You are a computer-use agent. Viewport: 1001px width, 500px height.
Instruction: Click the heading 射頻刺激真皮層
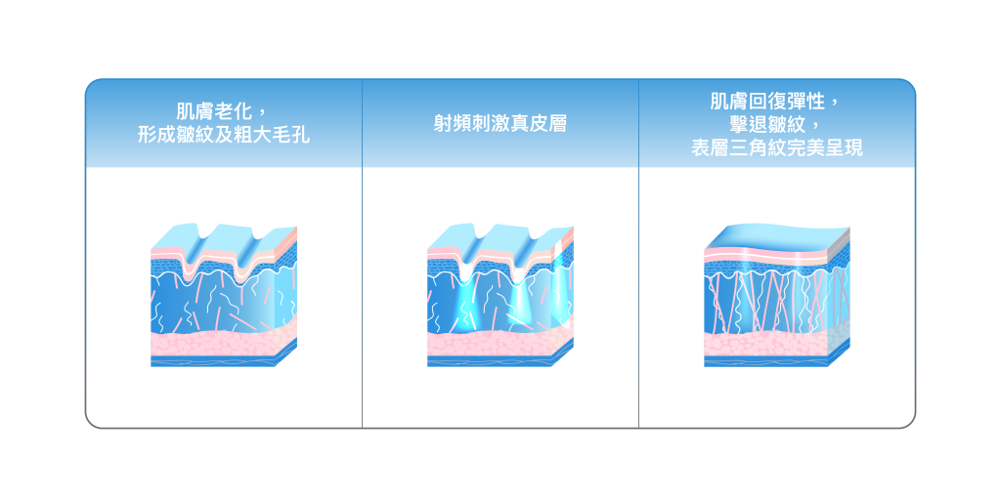click(500, 124)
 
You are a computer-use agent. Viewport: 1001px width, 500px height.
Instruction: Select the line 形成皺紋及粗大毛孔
click(224, 135)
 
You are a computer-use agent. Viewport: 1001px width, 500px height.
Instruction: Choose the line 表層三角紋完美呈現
click(776, 148)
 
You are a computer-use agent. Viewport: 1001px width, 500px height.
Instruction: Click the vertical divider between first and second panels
click(363, 293)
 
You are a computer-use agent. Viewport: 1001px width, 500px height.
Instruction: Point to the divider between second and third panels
click(638, 293)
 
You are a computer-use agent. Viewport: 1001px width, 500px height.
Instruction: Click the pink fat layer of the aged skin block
click(215, 344)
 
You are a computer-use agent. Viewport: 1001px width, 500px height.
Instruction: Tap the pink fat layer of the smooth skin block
click(767, 345)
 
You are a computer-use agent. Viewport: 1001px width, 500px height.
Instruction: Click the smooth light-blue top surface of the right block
click(772, 237)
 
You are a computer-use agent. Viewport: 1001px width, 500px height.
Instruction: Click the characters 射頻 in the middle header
click(450, 124)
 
